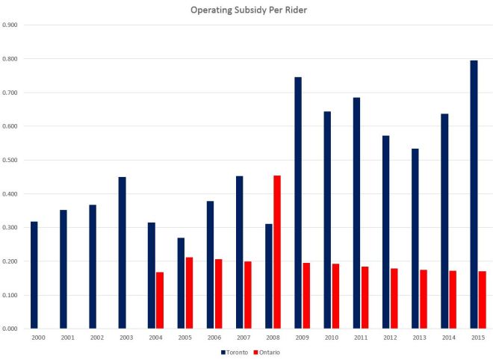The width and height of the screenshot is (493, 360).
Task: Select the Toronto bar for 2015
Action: (474, 194)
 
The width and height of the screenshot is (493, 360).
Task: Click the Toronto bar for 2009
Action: (298, 202)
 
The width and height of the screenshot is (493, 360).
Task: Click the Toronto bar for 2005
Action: (181, 283)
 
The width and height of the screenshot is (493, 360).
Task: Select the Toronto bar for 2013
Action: (415, 238)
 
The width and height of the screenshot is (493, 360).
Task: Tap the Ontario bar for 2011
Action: (365, 297)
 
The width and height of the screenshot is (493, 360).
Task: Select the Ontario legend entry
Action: (267, 352)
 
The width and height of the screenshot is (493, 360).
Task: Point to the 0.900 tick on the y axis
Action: (10, 25)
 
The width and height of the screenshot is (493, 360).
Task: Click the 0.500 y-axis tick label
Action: (10, 160)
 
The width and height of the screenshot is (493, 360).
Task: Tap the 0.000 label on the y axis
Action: (10, 329)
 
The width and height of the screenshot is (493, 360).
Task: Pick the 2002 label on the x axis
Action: (97, 338)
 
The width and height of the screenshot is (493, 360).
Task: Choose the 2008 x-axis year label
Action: (273, 338)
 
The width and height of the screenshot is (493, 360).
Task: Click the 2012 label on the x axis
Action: (390, 338)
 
